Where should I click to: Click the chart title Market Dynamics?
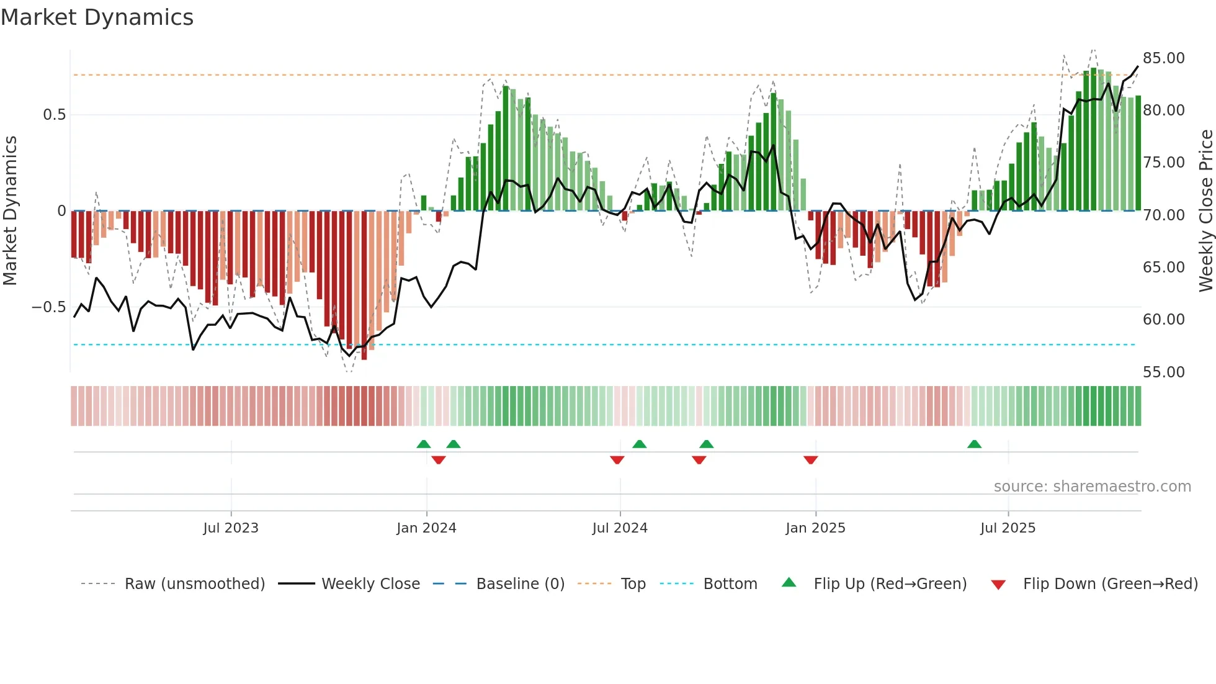tap(97, 17)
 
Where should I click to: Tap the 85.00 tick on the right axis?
tap(1163, 58)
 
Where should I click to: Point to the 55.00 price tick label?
tap(1163, 372)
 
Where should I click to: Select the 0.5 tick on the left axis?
tap(54, 115)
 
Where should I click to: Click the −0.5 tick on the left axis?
tap(48, 307)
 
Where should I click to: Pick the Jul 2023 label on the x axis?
tap(231, 528)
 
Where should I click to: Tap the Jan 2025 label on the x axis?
tap(815, 528)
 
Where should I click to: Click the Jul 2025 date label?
tap(1008, 528)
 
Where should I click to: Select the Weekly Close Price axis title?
tap(1205, 210)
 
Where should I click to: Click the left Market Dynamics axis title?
tap(10, 210)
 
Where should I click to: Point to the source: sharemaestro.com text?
tap(1092, 486)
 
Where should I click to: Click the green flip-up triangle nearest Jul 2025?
tap(974, 444)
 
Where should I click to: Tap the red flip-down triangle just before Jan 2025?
tap(810, 460)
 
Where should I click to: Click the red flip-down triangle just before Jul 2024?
tap(617, 460)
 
